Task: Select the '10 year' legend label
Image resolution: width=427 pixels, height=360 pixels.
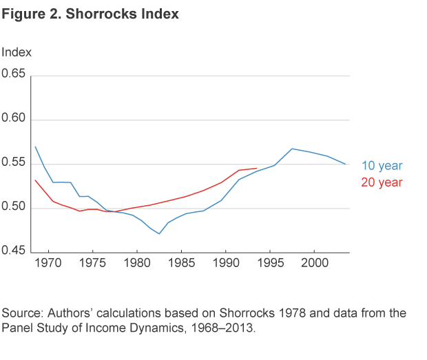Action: [x=382, y=166]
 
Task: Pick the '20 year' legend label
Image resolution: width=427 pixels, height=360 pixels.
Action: [x=382, y=182]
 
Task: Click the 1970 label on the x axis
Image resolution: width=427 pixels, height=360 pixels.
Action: [x=48, y=263]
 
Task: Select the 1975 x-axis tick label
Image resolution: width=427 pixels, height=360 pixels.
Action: [x=92, y=263]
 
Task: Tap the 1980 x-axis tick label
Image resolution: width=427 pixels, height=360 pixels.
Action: [x=136, y=263]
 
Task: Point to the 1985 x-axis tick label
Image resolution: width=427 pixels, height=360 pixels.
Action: [x=181, y=263]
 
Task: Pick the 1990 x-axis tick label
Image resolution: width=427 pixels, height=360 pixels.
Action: [x=226, y=263]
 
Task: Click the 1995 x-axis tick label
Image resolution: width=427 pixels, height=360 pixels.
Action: [x=270, y=263]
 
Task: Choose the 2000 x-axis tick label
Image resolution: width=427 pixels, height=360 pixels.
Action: [x=315, y=263]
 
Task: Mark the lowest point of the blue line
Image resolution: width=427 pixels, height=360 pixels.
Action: [x=159, y=234]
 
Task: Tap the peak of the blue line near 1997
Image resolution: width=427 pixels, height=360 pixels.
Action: [x=293, y=149]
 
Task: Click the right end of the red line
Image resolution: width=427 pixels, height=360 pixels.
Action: [x=257, y=168]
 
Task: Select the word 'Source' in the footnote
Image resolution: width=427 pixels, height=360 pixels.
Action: [x=20, y=314]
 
